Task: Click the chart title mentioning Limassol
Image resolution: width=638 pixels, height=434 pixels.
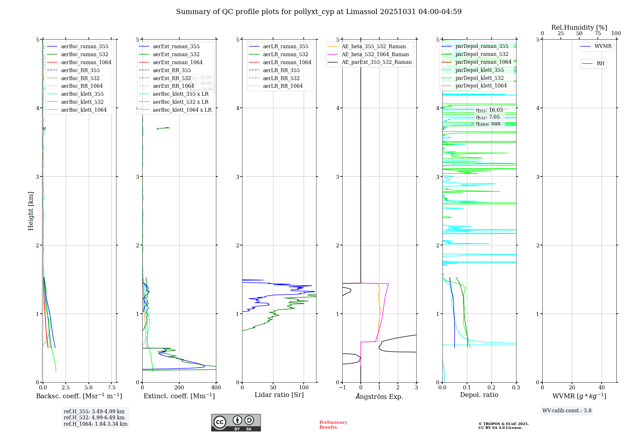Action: [x=319, y=12]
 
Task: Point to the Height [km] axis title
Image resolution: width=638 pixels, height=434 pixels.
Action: [x=31, y=211]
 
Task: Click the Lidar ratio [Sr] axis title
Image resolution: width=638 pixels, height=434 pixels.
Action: [x=279, y=395]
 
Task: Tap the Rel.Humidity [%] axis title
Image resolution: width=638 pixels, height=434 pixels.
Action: [x=579, y=27]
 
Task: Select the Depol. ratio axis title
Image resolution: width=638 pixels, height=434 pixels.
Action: [x=479, y=395]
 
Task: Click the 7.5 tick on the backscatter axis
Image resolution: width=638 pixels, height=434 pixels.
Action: [x=112, y=388]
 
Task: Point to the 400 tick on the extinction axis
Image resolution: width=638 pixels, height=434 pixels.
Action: [x=216, y=388]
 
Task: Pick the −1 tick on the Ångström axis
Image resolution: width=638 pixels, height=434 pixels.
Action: [x=342, y=388]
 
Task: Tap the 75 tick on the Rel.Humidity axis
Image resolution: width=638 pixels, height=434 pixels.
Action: [x=597, y=34]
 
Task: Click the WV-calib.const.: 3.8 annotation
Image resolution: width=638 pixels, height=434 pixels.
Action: [x=567, y=411]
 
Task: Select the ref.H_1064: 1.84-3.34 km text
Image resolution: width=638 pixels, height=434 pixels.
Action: [x=95, y=424]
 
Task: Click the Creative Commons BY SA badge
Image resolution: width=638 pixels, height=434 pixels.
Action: [x=236, y=423]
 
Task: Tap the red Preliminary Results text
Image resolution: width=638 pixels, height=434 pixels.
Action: [x=333, y=425]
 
